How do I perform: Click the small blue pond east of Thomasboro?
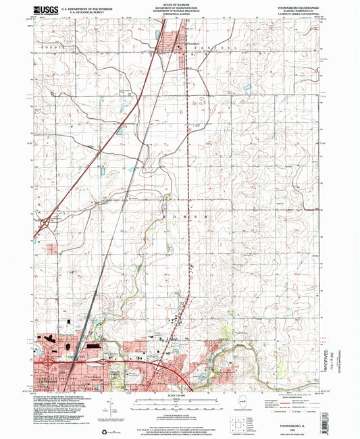[247, 87]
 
